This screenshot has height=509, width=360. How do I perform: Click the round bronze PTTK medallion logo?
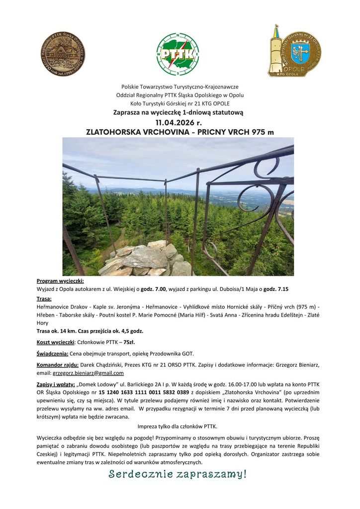63,53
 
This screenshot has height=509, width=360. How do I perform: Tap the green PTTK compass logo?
178,53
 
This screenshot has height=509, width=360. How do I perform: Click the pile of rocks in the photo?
147,259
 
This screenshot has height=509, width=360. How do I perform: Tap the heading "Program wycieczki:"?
60,281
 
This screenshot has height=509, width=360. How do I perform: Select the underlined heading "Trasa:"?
44,299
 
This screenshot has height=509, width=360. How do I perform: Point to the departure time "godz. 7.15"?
276,289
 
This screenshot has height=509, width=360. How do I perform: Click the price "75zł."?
129,342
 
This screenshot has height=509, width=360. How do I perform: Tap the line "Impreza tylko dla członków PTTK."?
178,426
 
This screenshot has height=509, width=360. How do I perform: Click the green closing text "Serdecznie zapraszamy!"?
178,474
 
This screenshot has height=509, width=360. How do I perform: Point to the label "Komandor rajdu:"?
58,365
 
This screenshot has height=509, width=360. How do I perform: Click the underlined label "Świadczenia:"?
52,353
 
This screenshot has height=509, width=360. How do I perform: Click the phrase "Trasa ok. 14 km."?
59,331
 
